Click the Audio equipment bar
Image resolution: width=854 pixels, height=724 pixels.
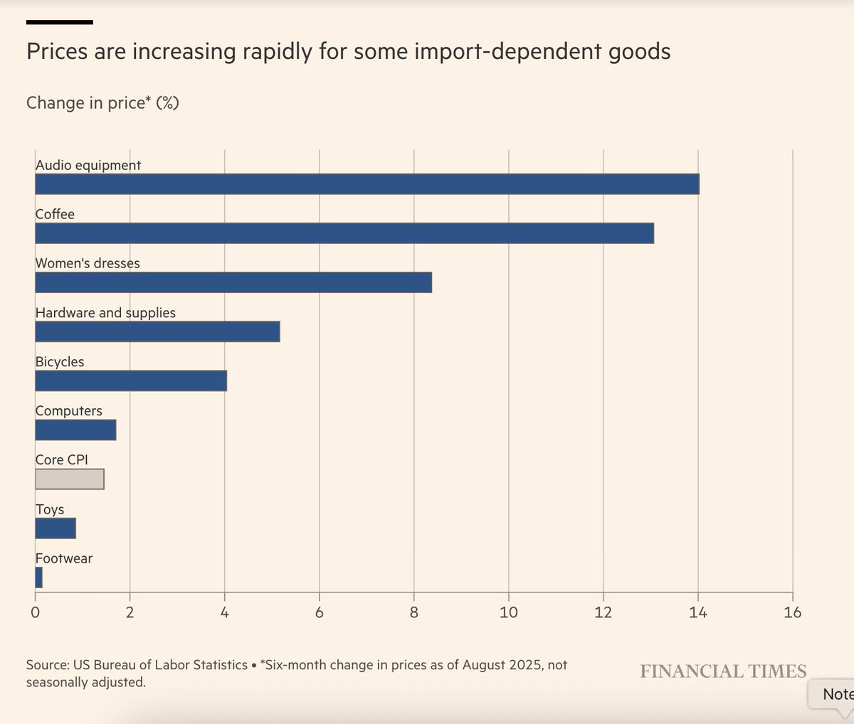point(367,184)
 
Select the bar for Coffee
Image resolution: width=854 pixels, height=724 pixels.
point(344,233)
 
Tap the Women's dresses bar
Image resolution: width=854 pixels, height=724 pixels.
point(233,282)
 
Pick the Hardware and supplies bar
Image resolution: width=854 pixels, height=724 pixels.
point(157,332)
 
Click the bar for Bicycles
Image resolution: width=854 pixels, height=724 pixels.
point(131,381)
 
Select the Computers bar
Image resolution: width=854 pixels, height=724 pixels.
point(75,430)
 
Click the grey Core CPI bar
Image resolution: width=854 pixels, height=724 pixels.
point(70,479)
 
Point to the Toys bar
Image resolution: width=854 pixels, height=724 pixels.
point(56,528)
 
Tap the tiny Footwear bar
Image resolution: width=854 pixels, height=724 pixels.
point(39,577)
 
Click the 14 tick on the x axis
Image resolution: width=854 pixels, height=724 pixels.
point(697,612)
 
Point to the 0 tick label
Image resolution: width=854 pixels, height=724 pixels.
point(36,612)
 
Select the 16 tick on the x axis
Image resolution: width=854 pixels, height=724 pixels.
point(792,612)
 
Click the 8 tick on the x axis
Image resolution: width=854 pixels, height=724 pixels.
point(414,612)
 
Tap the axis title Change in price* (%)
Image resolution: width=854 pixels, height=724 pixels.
point(102,103)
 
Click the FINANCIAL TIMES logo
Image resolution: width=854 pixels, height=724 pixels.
point(723,671)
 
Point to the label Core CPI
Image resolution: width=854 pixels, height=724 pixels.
point(62,460)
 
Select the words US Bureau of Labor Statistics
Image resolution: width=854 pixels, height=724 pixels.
point(160,665)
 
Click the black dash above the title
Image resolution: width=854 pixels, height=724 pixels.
point(60,22)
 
